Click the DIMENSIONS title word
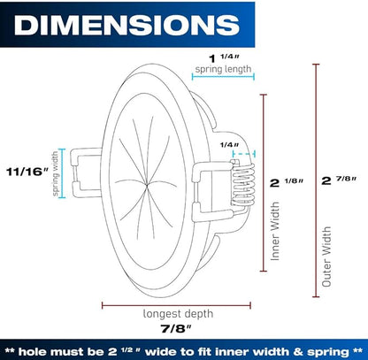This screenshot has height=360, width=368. point(126,25)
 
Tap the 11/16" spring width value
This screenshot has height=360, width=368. point(27,172)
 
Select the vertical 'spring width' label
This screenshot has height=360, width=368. point(56,174)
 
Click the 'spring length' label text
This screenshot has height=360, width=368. point(223,69)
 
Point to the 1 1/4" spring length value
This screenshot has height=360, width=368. point(223,57)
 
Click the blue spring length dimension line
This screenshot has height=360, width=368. point(223,77)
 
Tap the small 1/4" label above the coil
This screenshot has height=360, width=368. point(229,145)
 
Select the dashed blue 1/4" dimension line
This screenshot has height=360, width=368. point(243,154)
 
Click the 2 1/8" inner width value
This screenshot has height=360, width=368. point(287,182)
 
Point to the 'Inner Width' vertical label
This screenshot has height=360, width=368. point(275,231)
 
